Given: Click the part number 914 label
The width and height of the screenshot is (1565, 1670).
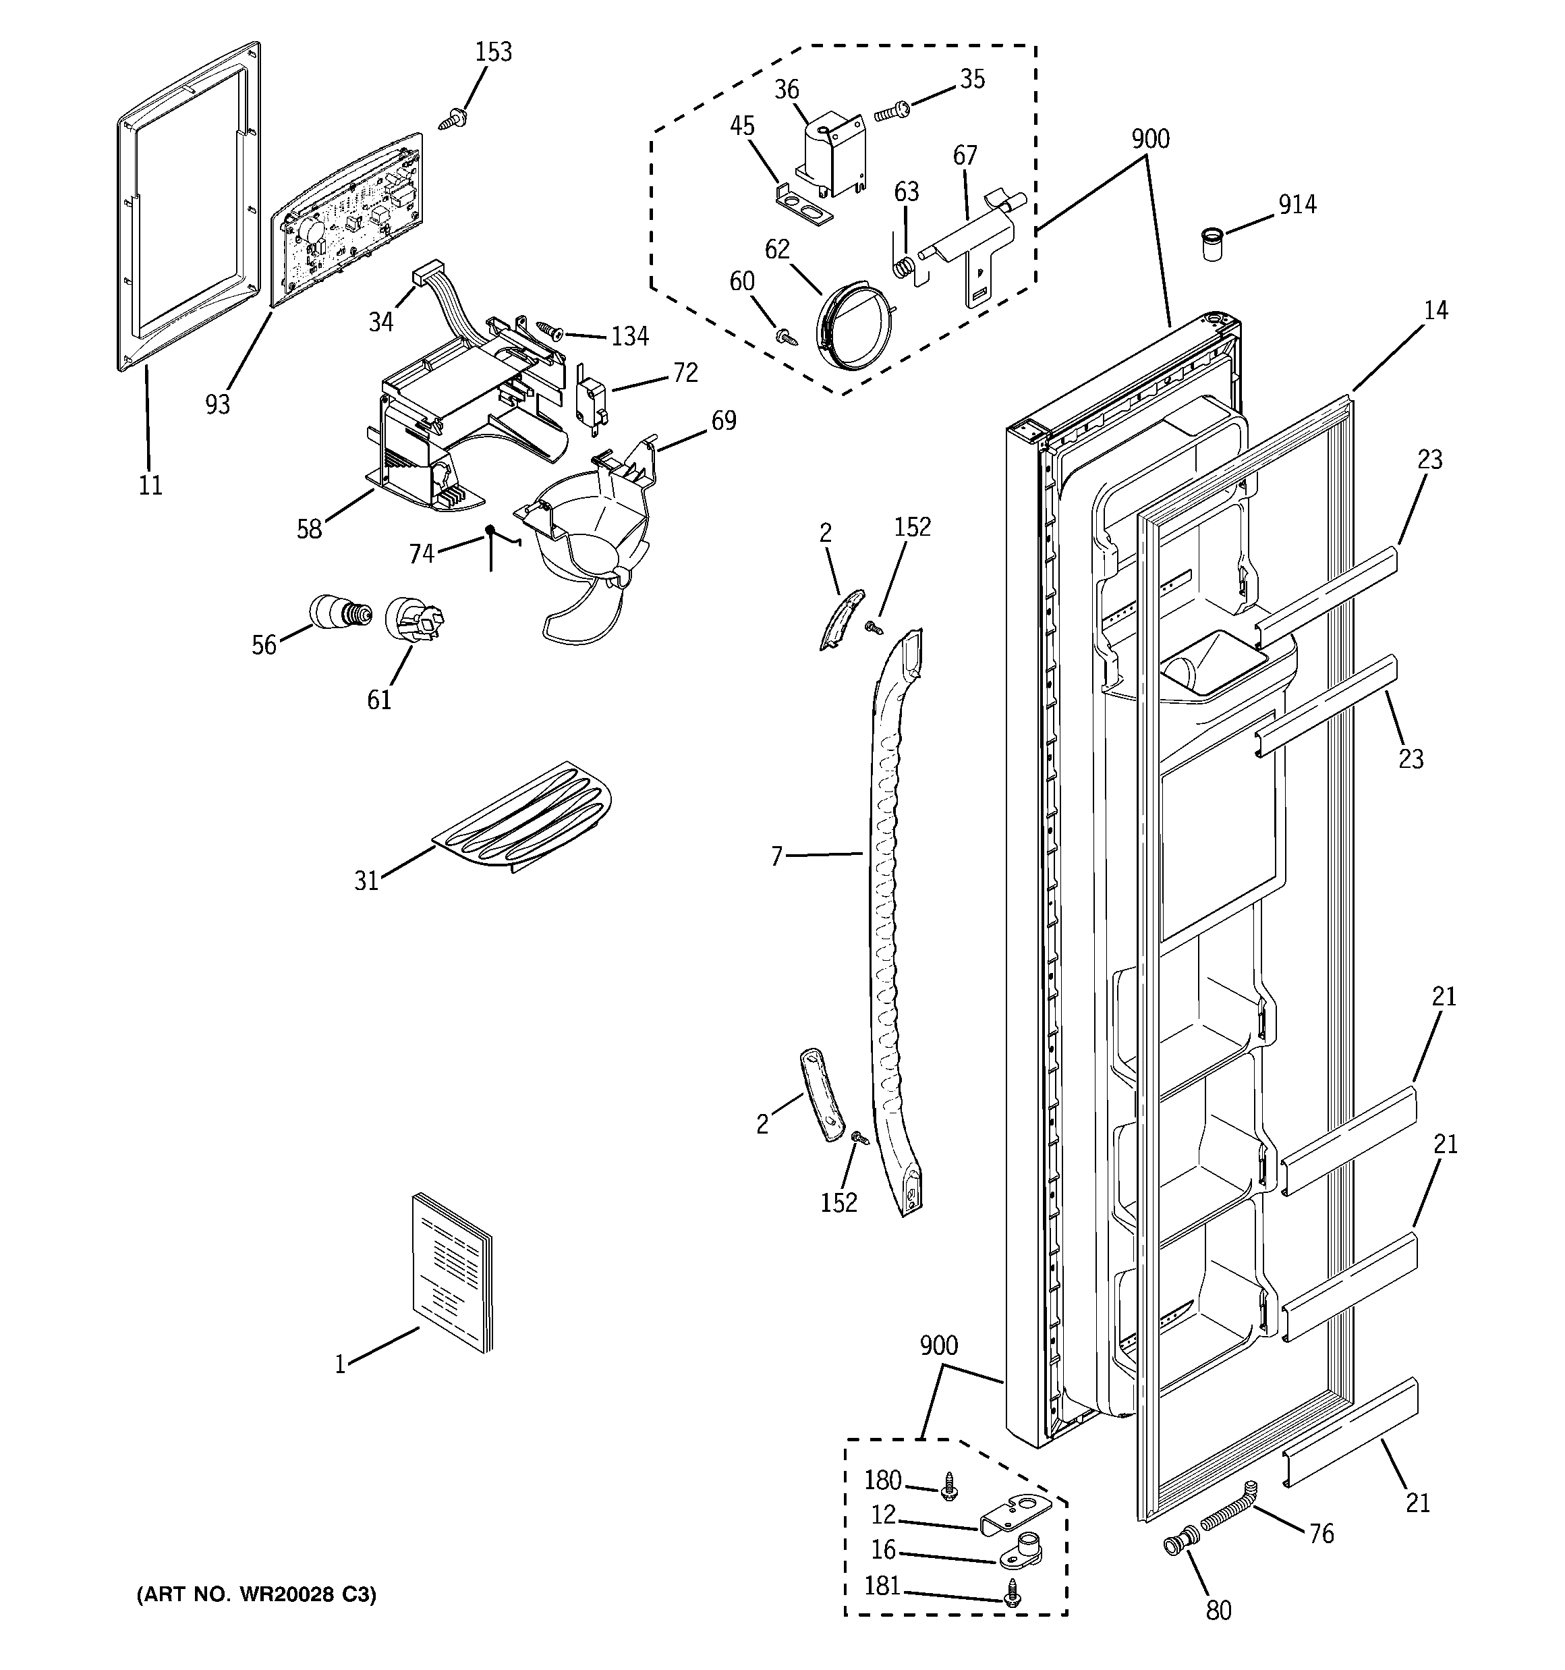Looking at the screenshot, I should pos(1297,204).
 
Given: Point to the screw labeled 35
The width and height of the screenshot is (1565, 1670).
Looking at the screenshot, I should pos(890,111).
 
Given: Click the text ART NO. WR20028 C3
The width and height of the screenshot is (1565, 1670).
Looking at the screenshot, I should pos(256,1594).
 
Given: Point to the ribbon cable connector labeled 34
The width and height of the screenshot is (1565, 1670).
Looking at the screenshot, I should pos(428,275).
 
